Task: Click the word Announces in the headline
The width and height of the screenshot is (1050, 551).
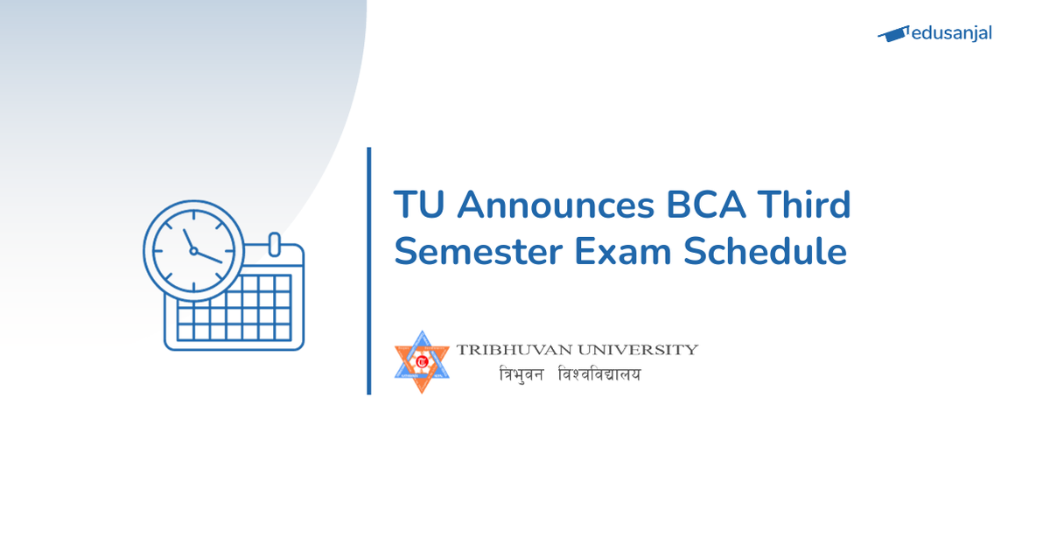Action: pyautogui.click(x=555, y=206)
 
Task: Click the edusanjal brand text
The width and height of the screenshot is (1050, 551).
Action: pyautogui.click(x=951, y=34)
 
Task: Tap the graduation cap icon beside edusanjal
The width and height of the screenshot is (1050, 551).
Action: pyautogui.click(x=893, y=34)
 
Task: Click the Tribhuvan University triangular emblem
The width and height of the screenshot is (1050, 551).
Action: pyautogui.click(x=422, y=361)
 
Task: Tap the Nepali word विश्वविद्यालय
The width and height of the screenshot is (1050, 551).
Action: pyautogui.click(x=599, y=374)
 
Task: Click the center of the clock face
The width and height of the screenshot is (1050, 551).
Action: pyautogui.click(x=193, y=250)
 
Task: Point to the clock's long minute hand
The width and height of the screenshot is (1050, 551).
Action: pyautogui.click(x=209, y=256)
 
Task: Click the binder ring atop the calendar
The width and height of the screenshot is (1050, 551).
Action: pyautogui.click(x=273, y=243)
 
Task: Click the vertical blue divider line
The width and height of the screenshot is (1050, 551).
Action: pyautogui.click(x=369, y=271)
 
